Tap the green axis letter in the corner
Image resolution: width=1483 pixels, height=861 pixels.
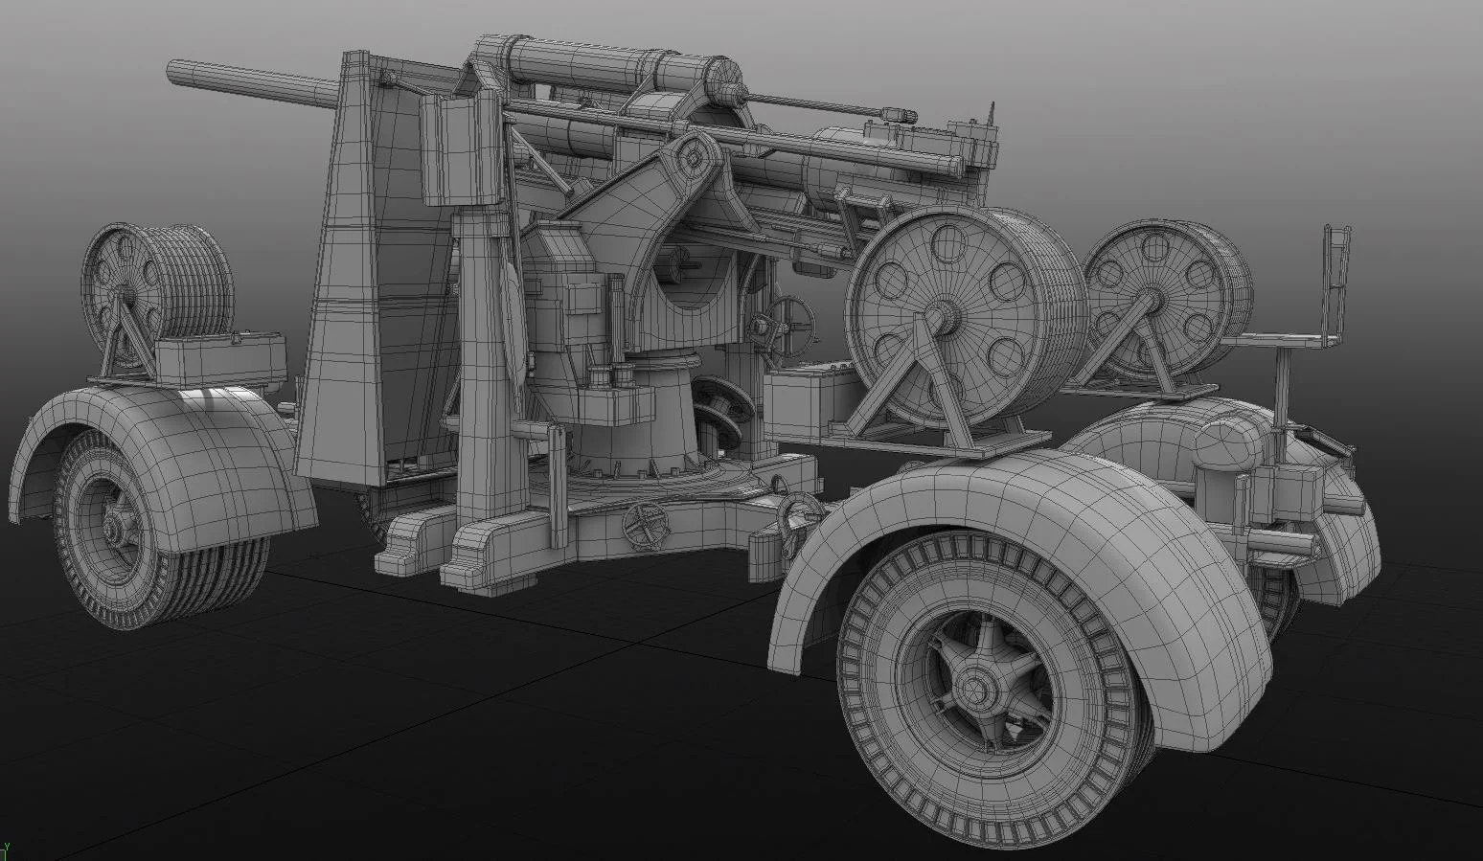click(6, 850)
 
